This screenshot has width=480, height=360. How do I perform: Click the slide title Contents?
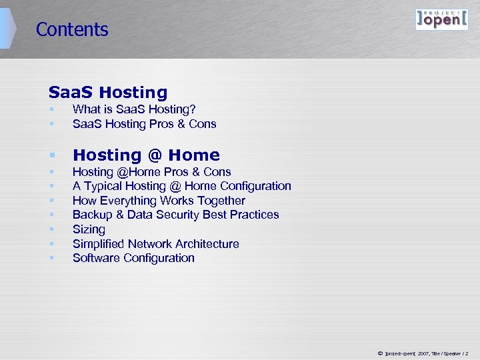coord(72,29)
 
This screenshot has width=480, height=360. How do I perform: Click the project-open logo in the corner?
coord(441,19)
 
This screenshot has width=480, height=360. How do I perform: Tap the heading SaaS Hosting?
coord(108,93)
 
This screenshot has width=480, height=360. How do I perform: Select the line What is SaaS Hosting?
coord(134,109)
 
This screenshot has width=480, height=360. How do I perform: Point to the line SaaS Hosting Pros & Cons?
coord(144,124)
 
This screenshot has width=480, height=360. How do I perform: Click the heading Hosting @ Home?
coord(146,155)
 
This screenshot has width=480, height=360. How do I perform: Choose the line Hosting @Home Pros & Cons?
coord(151,172)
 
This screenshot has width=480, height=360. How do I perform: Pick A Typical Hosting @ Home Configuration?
coord(181,186)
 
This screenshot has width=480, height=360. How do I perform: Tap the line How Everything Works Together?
coord(159,201)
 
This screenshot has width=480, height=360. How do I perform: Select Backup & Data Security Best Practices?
coord(175,215)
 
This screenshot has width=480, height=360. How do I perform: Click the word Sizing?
coord(89,229)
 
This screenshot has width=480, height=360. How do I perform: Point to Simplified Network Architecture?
coord(155,244)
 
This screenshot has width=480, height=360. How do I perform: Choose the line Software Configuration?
coord(133,258)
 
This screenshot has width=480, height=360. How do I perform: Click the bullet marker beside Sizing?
coord(51,230)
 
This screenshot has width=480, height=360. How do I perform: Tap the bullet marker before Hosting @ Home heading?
coord(51,156)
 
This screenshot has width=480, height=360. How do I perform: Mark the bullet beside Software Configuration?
coord(51,259)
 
